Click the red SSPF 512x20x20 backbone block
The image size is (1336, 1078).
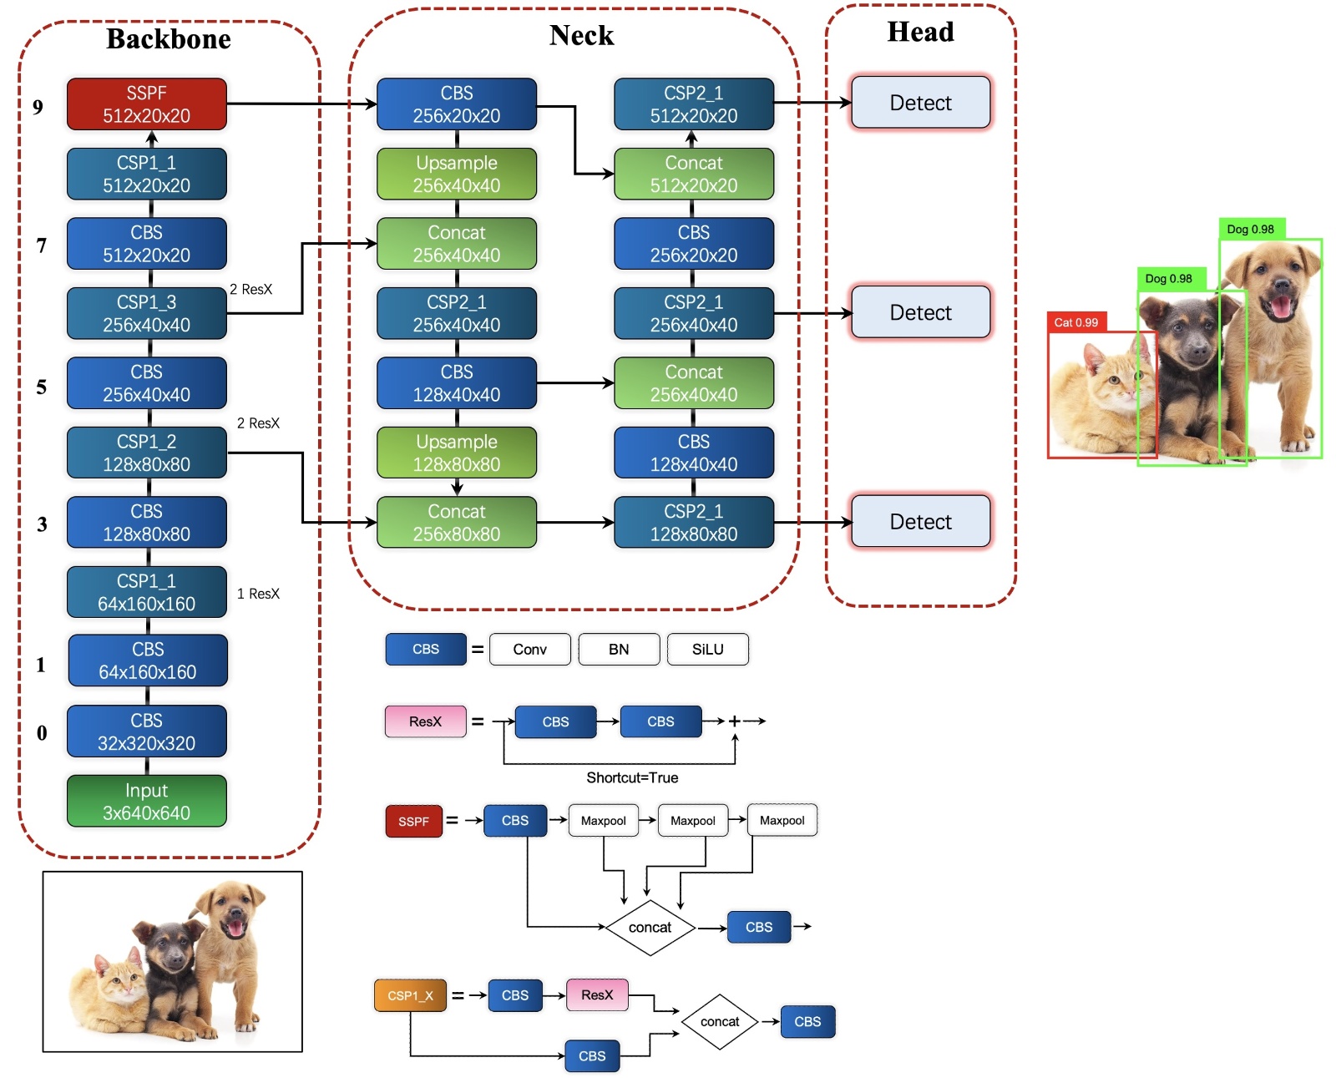coord(146,104)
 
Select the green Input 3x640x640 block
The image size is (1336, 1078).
coord(146,802)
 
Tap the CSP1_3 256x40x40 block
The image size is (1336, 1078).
coord(146,313)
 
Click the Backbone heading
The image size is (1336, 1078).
coord(169,39)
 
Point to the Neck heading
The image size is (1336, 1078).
coord(581,36)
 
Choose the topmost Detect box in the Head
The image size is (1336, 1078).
coord(920,103)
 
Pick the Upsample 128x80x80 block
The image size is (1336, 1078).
coord(456,453)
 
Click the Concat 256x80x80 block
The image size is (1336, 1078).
coord(456,523)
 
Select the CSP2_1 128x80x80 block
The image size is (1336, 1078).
coord(693,523)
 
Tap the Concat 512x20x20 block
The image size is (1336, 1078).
coord(693,174)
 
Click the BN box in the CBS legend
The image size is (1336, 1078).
coord(619,649)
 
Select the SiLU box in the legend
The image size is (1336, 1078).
coord(707,649)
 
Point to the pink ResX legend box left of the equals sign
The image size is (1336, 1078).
coord(425,721)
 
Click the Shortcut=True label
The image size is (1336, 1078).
coord(632,777)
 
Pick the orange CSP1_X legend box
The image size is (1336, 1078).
coord(410,995)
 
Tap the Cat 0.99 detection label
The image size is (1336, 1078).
coord(1076,322)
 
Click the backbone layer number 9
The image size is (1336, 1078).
coord(38,107)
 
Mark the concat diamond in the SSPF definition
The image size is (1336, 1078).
coord(650,927)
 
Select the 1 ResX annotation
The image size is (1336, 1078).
coord(258,594)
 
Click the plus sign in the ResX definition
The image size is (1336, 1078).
coord(734,721)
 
